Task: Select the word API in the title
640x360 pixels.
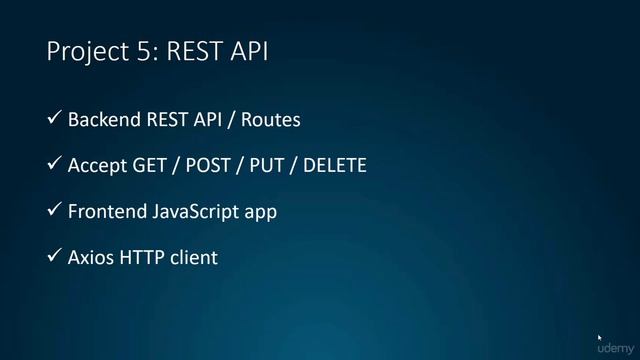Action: coord(250,51)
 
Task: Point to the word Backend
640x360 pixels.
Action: coord(104,120)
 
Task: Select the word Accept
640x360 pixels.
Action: coord(97,166)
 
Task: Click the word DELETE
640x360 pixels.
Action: coord(334,166)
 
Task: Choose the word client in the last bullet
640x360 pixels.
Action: coord(193,258)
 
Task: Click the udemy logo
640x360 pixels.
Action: coord(614,349)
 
